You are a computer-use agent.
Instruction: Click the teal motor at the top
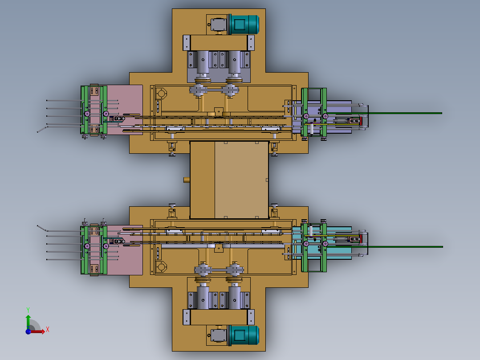click(244, 25)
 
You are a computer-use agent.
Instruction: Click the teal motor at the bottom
click(244, 335)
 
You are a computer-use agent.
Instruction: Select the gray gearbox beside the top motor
click(219, 25)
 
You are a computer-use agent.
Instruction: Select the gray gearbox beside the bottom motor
click(219, 335)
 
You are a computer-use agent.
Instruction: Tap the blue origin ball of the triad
click(28, 331)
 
